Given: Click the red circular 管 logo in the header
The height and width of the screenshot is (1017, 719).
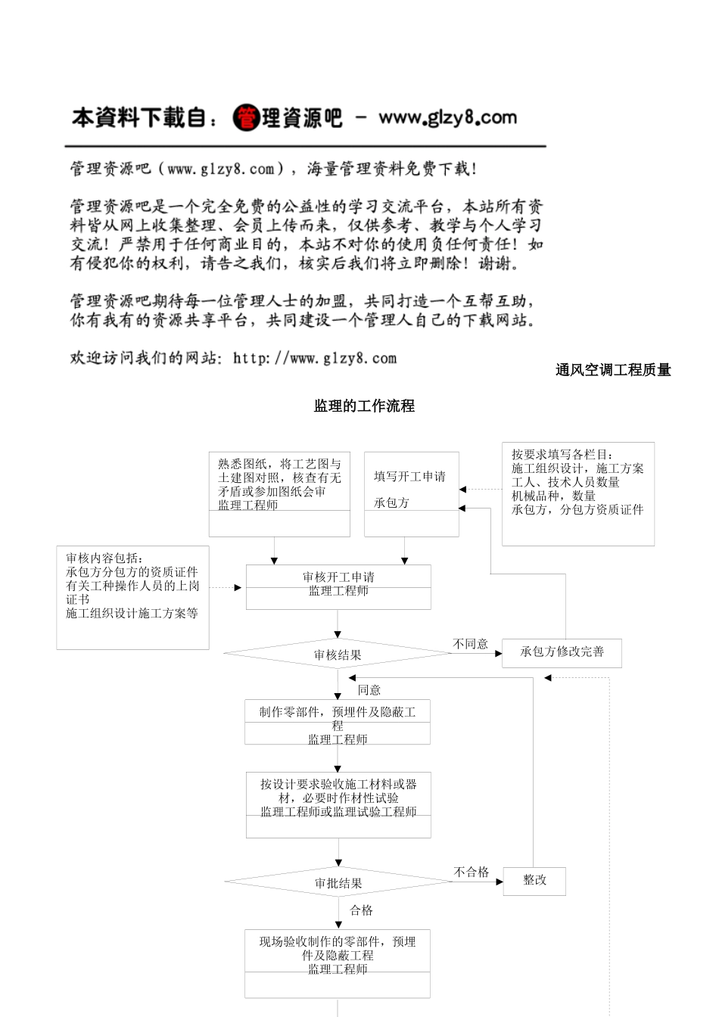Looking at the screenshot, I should (x=246, y=118).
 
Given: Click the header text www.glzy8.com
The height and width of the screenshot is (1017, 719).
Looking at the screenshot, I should (x=447, y=117).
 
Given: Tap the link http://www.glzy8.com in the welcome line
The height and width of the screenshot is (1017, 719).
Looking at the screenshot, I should (x=315, y=358).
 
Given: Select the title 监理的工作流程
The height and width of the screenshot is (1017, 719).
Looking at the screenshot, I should (x=364, y=406).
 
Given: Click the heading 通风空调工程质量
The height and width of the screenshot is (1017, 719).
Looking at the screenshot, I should (x=613, y=370).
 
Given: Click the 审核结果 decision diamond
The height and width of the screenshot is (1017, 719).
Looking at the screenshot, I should (x=338, y=655).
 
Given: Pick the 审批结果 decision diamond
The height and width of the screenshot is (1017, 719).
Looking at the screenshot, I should (x=338, y=882).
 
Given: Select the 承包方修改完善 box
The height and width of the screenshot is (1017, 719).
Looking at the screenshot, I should (x=562, y=652).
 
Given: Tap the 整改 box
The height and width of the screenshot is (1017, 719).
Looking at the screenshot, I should (x=534, y=881).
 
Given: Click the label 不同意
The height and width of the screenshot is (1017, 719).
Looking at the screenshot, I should (x=470, y=644).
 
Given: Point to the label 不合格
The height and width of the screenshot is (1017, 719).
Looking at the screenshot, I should (x=472, y=872).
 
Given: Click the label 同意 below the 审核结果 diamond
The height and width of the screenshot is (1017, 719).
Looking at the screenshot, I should (x=369, y=689).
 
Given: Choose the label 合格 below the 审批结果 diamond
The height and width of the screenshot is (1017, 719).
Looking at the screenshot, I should (x=362, y=910).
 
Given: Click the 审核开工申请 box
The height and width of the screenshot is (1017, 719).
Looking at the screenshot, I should (x=338, y=586).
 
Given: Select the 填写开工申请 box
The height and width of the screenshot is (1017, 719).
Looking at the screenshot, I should (x=411, y=494).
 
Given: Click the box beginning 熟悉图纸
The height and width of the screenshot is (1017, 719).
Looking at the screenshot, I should (x=279, y=494).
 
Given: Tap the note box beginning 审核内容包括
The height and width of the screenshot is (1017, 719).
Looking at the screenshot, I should (x=132, y=597).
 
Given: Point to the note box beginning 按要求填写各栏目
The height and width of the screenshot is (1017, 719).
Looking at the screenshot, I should (x=577, y=493).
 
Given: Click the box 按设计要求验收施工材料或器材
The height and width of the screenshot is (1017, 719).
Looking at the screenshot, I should (x=338, y=804).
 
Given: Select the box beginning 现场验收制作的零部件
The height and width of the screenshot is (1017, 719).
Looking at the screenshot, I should (x=338, y=963).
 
